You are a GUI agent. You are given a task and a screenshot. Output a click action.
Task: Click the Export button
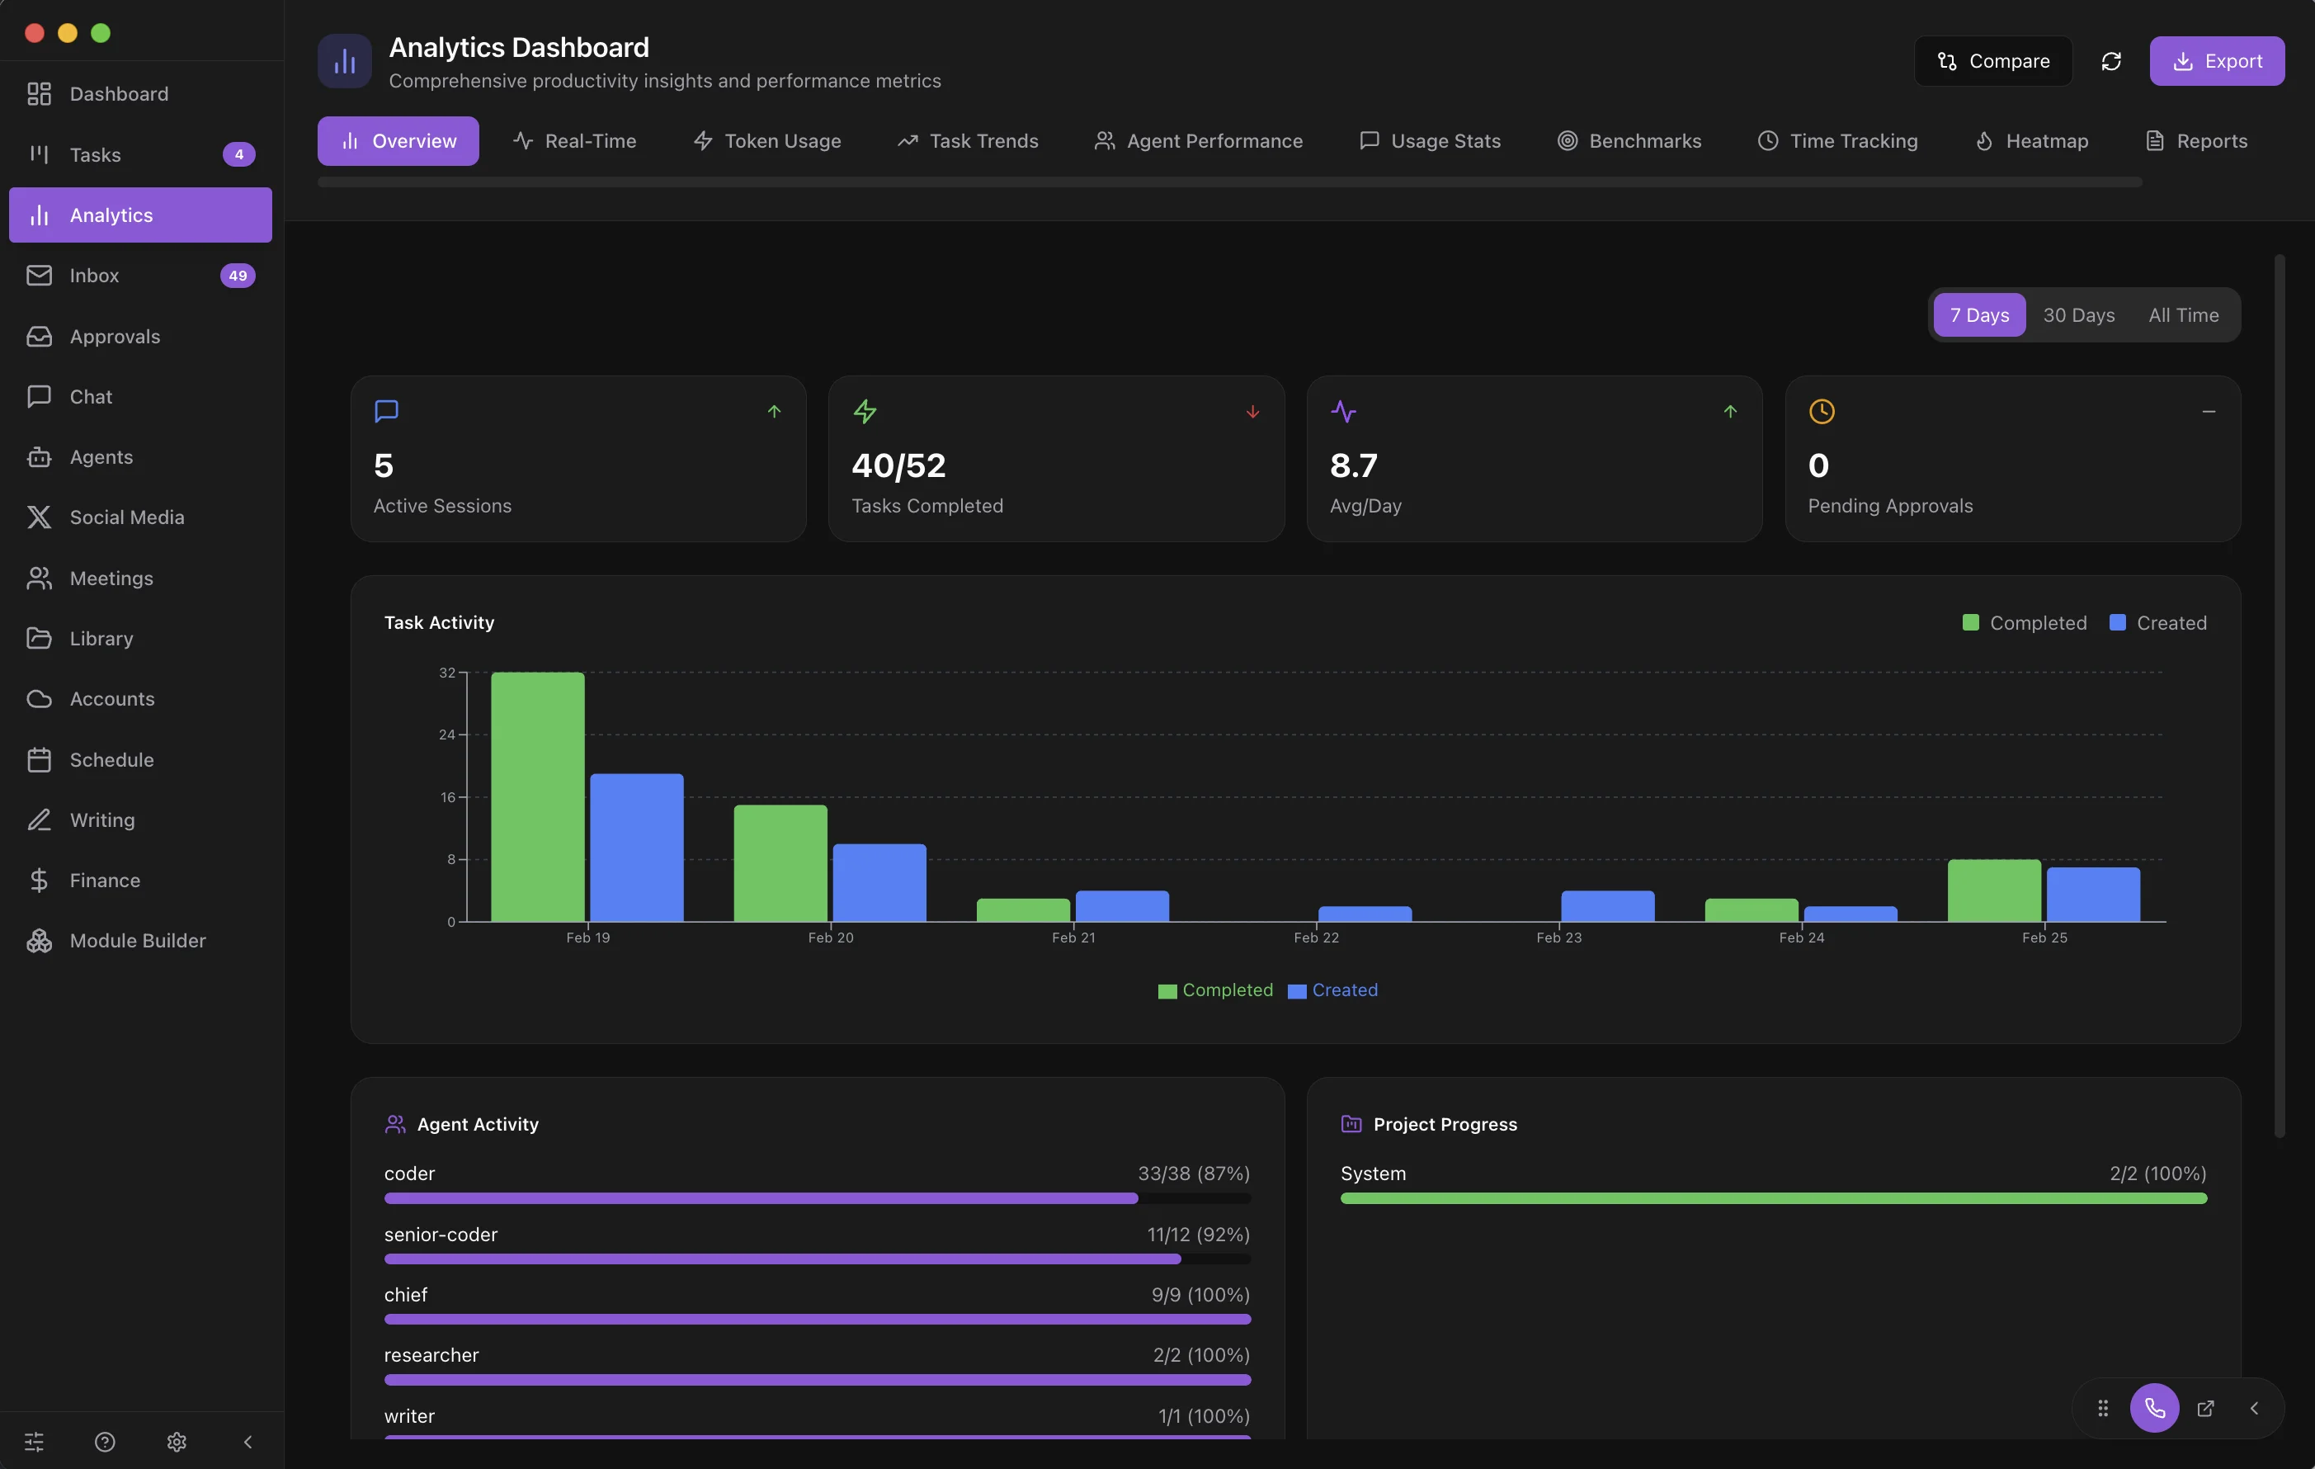(2216, 60)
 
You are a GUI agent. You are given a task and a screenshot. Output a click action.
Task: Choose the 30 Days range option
(2077, 315)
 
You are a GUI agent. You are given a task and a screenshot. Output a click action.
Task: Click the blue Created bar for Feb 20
(879, 881)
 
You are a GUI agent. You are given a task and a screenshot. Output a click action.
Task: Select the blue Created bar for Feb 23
(1607, 905)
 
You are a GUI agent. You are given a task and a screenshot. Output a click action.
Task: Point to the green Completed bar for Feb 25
(1993, 890)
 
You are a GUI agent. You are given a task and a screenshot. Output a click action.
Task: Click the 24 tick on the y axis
(447, 734)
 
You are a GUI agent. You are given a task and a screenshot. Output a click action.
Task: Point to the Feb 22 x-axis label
(1315, 938)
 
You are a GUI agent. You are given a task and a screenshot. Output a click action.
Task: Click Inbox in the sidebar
(94, 276)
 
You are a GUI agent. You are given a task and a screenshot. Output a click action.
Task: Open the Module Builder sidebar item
(138, 940)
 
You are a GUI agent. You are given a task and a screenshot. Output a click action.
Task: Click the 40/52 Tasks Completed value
(898, 465)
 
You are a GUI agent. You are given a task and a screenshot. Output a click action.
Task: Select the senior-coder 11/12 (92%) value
(1197, 1235)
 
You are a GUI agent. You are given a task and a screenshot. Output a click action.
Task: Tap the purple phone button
(2153, 1409)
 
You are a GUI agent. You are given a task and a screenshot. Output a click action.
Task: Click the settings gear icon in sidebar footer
(176, 1441)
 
